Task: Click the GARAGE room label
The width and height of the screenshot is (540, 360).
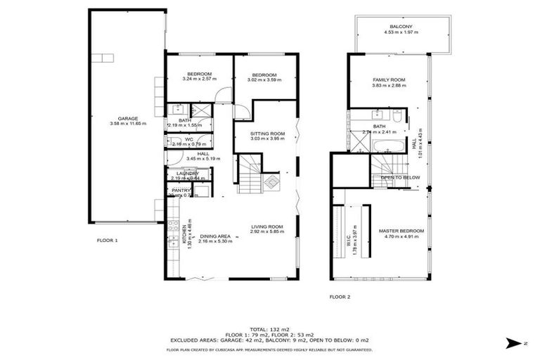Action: coord(127,118)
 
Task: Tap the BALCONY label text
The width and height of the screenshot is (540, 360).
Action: coord(401,27)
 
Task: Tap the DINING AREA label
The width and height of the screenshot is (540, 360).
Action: coord(214,236)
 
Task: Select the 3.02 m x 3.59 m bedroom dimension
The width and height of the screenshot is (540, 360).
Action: coord(264,80)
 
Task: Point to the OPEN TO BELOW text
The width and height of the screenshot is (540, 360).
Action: coord(400,177)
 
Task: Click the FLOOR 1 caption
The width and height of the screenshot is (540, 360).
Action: coord(107,240)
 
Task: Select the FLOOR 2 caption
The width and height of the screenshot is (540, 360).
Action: coord(340,296)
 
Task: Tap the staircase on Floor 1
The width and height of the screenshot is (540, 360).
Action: coord(250,176)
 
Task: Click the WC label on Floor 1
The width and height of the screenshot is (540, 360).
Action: coord(189,139)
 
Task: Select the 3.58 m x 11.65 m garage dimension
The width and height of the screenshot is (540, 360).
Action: coord(127,124)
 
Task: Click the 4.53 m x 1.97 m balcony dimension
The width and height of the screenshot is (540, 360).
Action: coord(401,32)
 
